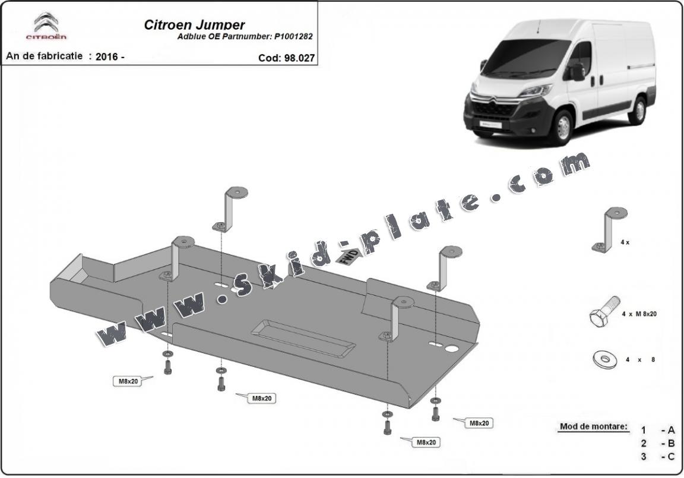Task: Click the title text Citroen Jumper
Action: click(x=194, y=25)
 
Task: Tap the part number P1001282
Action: click(x=293, y=36)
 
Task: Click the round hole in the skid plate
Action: click(x=454, y=349)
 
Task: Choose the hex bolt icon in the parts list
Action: click(x=604, y=311)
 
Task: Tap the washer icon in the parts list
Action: click(x=603, y=359)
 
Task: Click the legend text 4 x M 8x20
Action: click(x=639, y=314)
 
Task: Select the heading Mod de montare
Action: click(x=593, y=426)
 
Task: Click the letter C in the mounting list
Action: click(x=672, y=456)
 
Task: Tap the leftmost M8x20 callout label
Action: click(x=127, y=381)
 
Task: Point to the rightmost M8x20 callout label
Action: click(x=479, y=423)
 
